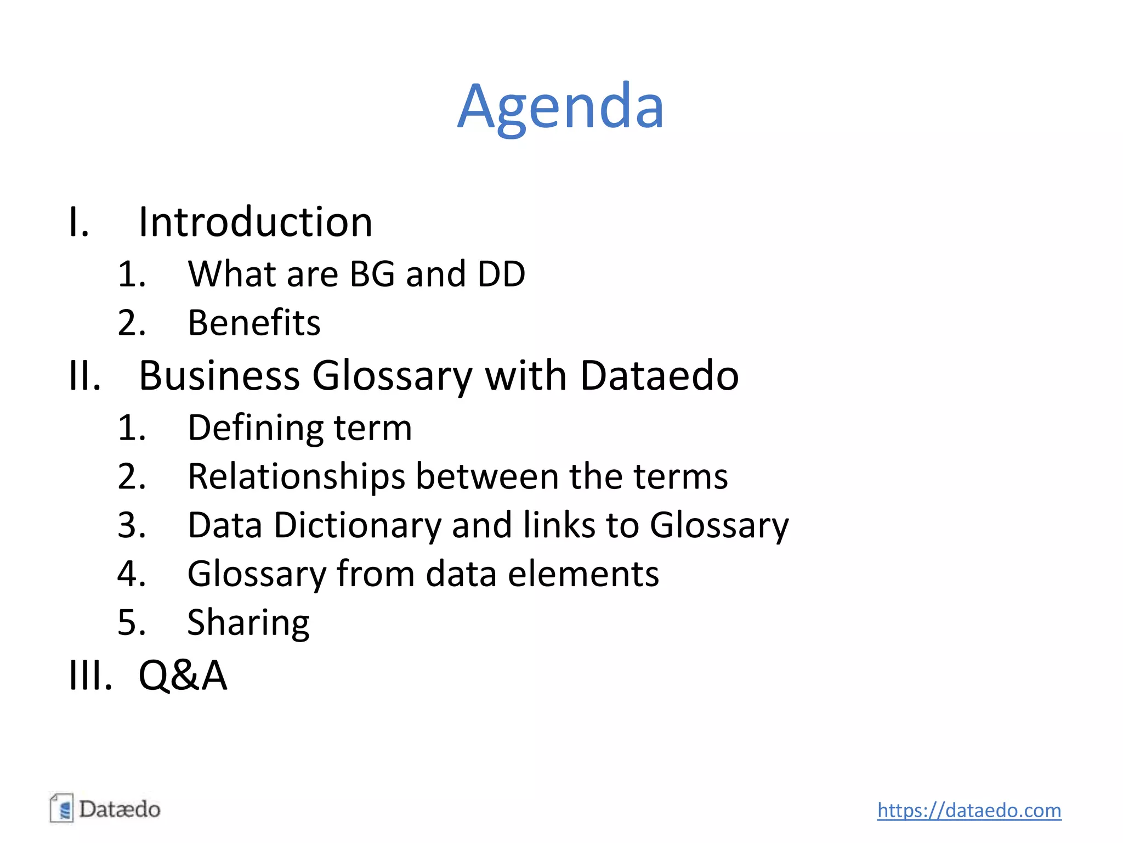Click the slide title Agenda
point(560,106)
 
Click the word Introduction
point(256,222)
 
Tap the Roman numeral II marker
point(85,376)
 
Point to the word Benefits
point(254,323)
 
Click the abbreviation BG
point(372,274)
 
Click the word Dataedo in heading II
point(659,376)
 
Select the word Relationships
point(297,477)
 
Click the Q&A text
point(183,676)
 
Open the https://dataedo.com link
point(969,810)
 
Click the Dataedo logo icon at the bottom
point(61,808)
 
